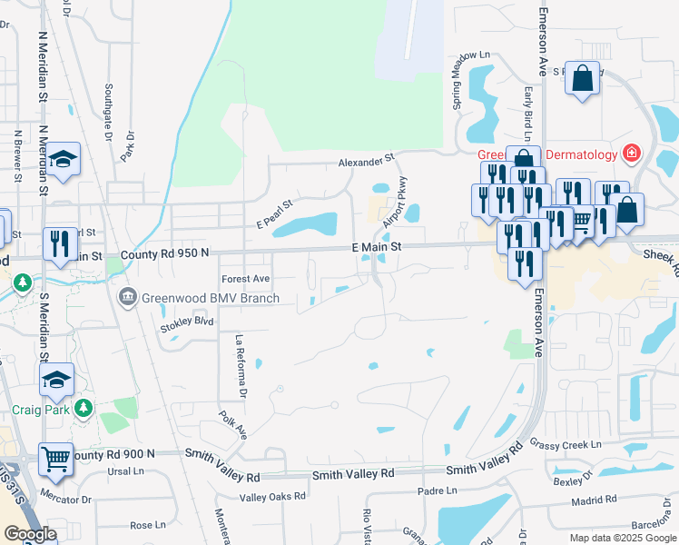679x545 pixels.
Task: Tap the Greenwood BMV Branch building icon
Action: coord(128,298)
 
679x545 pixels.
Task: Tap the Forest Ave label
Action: coord(246,279)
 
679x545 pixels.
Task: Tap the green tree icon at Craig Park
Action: coord(84,407)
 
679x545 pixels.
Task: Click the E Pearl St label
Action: coord(275,214)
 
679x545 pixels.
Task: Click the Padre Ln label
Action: coord(437,490)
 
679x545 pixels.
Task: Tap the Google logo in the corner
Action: coord(29,534)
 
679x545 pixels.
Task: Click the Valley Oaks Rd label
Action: coord(271,497)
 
